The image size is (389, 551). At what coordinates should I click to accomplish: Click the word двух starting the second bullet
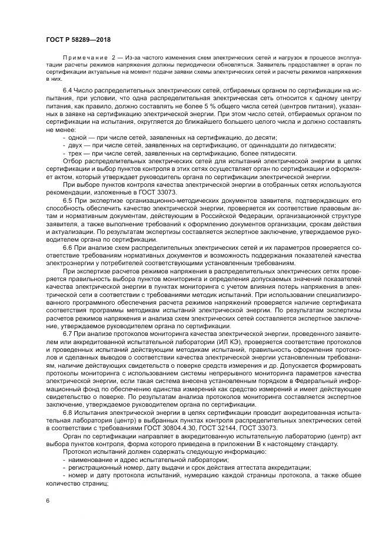click(x=76, y=144)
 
